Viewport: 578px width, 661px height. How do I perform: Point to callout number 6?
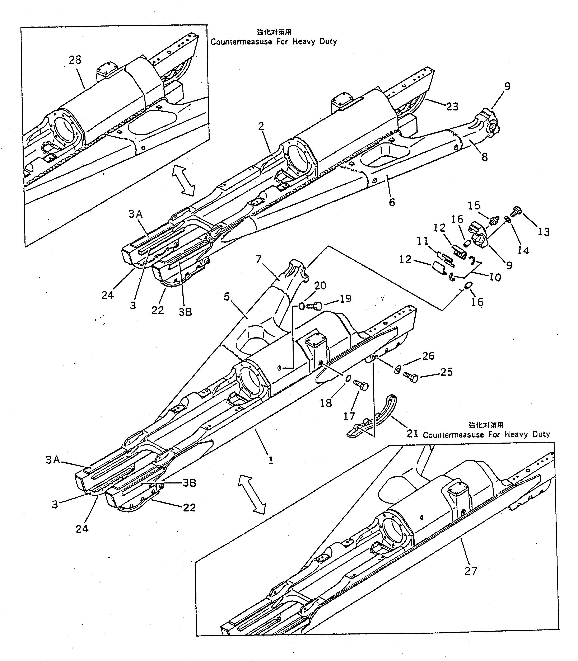(392, 202)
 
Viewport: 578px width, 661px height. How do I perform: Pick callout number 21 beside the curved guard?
(412, 434)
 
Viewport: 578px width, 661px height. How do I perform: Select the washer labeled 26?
(397, 369)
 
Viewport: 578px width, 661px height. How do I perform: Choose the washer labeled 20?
(302, 306)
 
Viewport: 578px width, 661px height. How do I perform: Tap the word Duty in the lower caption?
(541, 434)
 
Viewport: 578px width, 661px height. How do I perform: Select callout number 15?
(474, 206)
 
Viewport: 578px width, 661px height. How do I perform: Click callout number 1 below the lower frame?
(271, 461)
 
